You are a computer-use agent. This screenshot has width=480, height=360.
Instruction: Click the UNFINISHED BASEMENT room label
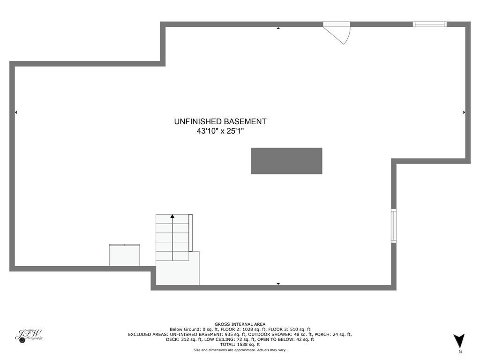tap(220, 121)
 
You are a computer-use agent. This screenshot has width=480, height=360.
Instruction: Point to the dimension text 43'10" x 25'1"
tap(220, 132)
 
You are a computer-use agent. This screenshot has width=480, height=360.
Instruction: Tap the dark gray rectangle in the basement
tap(286, 161)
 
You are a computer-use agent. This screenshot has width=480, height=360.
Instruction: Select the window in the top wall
tap(429, 24)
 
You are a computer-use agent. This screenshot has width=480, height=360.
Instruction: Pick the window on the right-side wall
tap(394, 225)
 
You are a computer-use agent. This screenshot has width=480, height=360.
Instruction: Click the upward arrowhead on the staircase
tap(172, 217)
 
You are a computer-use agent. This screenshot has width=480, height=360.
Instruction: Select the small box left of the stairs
tap(124, 255)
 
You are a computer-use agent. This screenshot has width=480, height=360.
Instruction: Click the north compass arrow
tap(459, 340)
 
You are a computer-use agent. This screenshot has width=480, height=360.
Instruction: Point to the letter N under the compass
tap(460, 352)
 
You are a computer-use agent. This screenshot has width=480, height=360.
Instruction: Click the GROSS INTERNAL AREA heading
tap(240, 324)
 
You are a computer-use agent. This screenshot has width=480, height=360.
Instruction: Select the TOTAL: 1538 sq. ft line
tap(240, 345)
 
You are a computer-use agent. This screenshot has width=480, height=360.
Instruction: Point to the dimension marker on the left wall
tap(16, 112)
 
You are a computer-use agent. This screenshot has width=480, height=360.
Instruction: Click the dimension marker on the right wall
tap(464, 112)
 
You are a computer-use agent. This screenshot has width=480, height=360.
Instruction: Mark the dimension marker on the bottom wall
tap(278, 284)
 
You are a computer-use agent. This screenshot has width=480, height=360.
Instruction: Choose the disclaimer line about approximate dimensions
tap(240, 350)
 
